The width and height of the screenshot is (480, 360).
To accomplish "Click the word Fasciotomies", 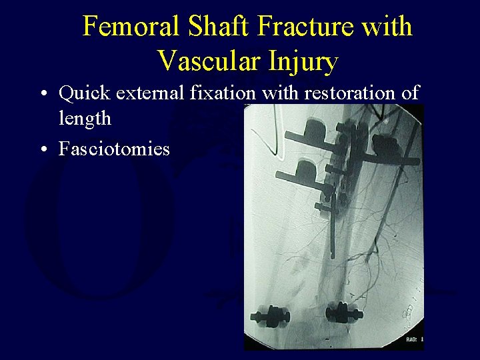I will point(114,148).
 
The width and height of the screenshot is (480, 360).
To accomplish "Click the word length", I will point(85,119).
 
